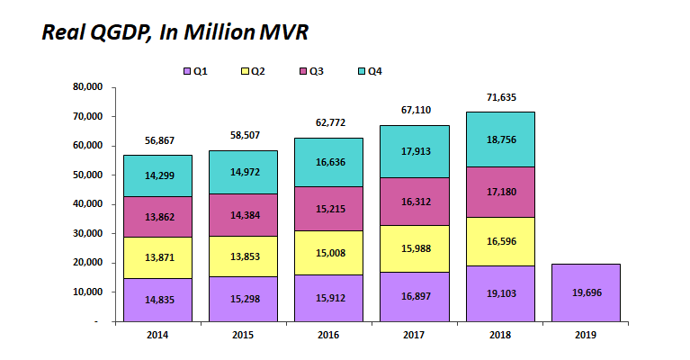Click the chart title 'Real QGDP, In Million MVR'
coord(176,32)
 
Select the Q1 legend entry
coord(195,70)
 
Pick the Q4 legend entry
coord(370,70)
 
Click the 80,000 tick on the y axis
coord(88,87)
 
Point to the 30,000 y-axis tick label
coord(88,234)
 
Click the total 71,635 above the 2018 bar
coord(500,97)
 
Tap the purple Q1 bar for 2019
coord(586,292)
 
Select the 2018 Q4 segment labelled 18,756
coord(500,139)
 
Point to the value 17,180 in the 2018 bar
coord(500,192)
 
